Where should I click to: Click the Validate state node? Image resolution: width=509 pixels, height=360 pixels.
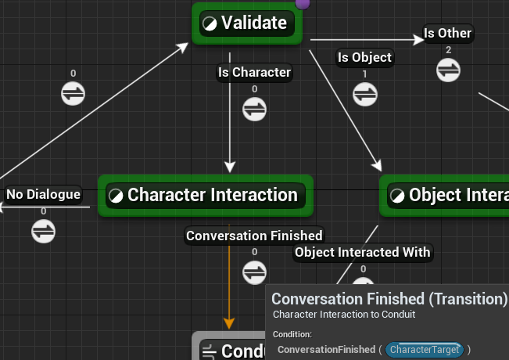[x=247, y=23]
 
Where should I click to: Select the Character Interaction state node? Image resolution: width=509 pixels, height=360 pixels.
[x=206, y=195]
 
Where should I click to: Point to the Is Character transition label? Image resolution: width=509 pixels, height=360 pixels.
[x=253, y=73]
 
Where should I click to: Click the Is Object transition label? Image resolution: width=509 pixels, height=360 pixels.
[x=364, y=57]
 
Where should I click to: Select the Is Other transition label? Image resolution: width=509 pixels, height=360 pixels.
[x=447, y=34]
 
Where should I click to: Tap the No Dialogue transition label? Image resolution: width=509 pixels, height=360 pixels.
[x=43, y=194]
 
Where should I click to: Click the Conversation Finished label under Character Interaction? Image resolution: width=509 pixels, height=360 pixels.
[x=254, y=235]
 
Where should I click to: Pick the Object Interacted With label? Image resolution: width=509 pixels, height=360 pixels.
[x=362, y=252]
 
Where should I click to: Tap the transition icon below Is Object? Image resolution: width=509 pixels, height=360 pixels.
[x=364, y=93]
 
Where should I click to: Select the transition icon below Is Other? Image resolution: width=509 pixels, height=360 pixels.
[x=448, y=70]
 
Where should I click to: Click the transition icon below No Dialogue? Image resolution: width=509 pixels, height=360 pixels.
[x=43, y=230]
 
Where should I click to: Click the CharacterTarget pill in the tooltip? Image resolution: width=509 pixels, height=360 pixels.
[x=424, y=349]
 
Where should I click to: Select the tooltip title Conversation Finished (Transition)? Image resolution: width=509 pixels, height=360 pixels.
[x=389, y=299]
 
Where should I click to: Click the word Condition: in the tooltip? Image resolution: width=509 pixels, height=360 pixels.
[x=292, y=334]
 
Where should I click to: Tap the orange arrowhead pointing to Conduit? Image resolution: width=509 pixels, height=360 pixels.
[x=229, y=322]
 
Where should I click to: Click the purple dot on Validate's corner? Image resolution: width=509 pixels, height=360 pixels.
[x=303, y=3]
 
